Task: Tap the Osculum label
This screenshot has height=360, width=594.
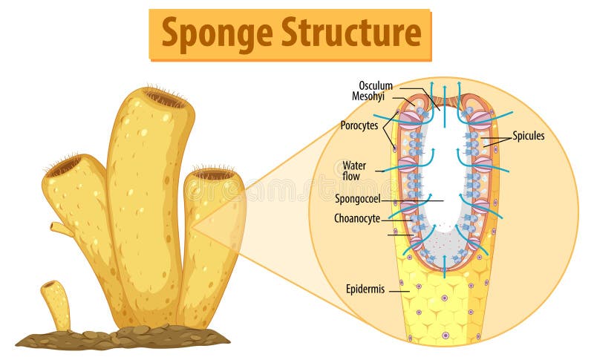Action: (x=376, y=85)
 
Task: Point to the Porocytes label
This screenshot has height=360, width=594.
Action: (x=359, y=125)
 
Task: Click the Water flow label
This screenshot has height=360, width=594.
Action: (x=354, y=170)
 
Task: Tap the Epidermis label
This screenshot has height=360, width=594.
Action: (x=365, y=289)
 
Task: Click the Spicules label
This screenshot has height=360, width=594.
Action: (x=528, y=136)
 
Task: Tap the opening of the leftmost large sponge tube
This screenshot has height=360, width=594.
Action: (x=65, y=165)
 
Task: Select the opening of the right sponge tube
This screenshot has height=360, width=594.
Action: (x=214, y=175)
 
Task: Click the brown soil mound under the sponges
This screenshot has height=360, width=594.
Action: (x=123, y=338)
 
